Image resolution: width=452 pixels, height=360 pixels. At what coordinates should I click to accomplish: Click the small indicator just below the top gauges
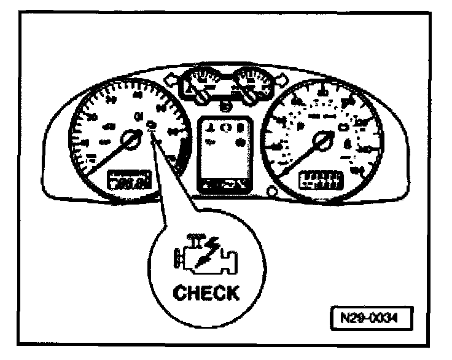click(x=225, y=108)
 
